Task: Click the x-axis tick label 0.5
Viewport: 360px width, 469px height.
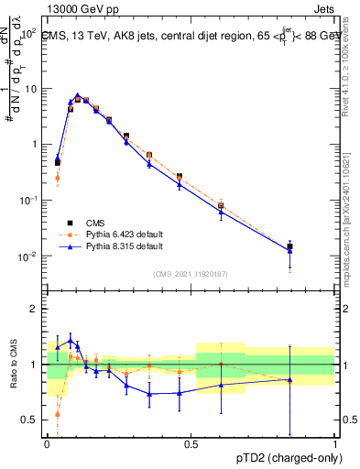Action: click(x=191, y=444)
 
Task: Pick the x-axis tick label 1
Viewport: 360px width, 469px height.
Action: click(x=335, y=444)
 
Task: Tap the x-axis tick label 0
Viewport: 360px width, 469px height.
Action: click(x=48, y=444)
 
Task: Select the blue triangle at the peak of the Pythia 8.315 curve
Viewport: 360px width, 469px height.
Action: click(x=78, y=95)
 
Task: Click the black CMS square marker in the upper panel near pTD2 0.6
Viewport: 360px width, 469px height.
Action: click(x=221, y=206)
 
